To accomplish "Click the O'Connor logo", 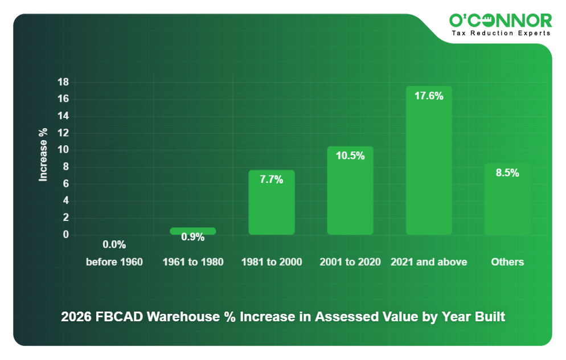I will click(x=500, y=21).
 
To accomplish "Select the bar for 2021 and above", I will click(x=429, y=165).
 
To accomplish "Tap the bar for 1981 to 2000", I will click(x=272, y=205).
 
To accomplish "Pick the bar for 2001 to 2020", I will click(x=350, y=194).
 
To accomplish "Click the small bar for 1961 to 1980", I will click(x=193, y=231).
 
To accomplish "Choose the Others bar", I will click(x=507, y=202).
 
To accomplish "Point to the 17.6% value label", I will click(x=429, y=96).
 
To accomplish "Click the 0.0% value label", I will click(x=114, y=245).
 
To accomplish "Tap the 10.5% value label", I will click(x=350, y=156).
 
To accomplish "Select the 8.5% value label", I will click(x=507, y=173).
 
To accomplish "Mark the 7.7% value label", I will click(x=272, y=179).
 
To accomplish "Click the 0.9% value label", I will click(x=193, y=238).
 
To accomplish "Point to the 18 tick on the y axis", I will click(x=63, y=83).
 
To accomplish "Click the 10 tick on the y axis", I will click(x=63, y=150).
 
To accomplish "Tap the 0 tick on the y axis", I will click(x=66, y=235).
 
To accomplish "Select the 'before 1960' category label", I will click(x=114, y=262).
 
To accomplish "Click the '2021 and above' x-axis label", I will click(x=429, y=262).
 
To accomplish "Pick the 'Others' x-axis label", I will click(x=507, y=262).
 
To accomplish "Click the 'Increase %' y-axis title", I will click(x=43, y=155).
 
